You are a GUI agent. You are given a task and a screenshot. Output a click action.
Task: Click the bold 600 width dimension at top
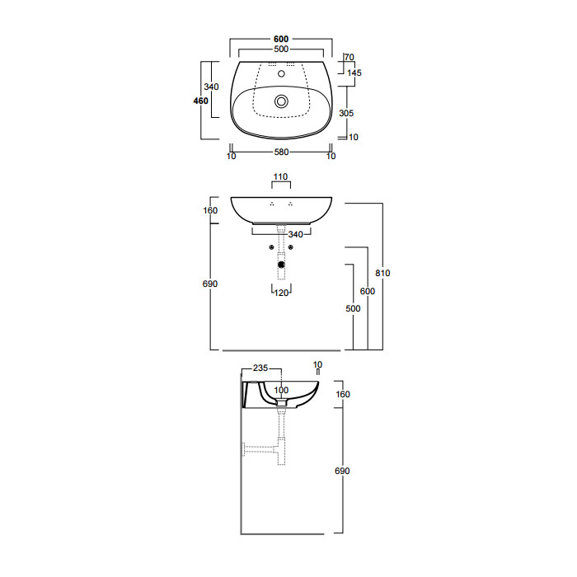click(x=281, y=39)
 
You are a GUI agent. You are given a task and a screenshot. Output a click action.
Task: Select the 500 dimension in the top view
click(x=281, y=49)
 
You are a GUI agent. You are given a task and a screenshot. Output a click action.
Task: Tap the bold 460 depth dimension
click(x=201, y=101)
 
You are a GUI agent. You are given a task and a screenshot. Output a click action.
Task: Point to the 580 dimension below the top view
click(x=282, y=152)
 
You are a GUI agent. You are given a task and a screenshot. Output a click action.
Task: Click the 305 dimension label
click(x=346, y=113)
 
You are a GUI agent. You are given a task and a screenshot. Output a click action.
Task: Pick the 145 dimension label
click(x=354, y=73)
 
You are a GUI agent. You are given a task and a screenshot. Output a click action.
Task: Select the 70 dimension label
click(x=349, y=57)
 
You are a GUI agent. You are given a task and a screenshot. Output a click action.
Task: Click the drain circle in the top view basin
click(x=282, y=101)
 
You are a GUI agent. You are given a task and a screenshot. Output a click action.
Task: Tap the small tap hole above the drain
click(x=282, y=73)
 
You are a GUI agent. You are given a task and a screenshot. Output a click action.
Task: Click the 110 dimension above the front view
click(x=281, y=176)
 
